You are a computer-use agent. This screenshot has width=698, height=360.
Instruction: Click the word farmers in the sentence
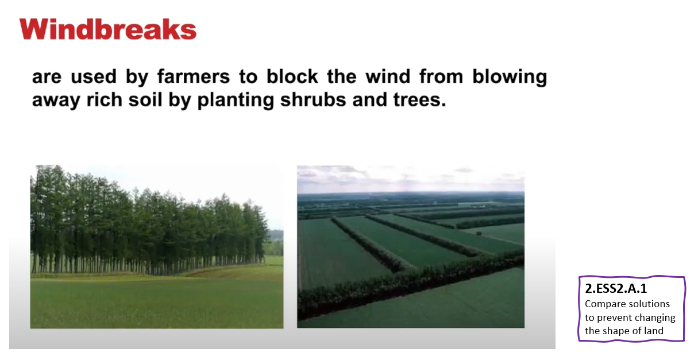tap(194, 76)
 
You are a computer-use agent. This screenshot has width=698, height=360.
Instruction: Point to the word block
tap(292, 76)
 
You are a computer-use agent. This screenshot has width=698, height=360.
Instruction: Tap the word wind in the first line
tap(388, 76)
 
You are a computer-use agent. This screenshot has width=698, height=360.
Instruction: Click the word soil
tap(145, 100)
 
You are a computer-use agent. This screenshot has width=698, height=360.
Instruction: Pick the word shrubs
tap(313, 100)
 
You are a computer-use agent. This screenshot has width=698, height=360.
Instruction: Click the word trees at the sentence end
tap(420, 100)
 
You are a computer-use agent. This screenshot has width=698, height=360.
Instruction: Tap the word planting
tap(236, 100)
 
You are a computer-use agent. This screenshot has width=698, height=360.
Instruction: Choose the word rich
tap(104, 100)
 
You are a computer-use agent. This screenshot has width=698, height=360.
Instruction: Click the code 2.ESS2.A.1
tap(616, 289)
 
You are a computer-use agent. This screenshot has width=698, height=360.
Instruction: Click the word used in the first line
tap(94, 76)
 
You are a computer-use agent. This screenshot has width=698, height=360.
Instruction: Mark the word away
tap(56, 100)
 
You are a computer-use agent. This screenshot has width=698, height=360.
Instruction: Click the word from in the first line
tap(441, 76)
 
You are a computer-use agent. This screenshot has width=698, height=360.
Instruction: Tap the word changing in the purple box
tap(655, 318)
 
